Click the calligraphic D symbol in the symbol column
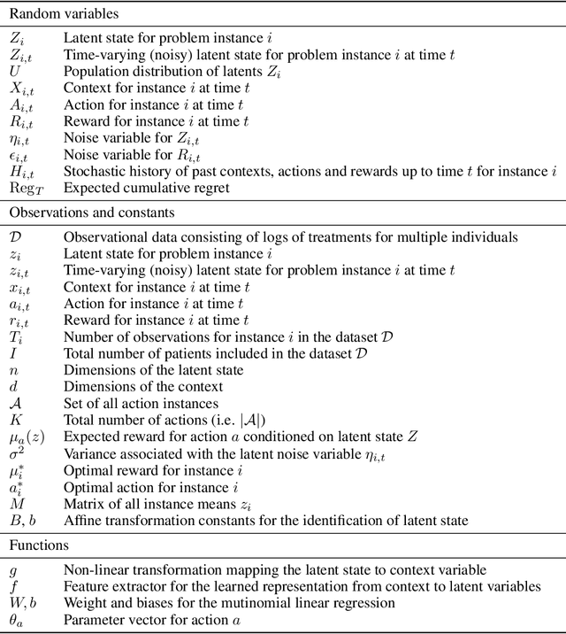click(x=14, y=237)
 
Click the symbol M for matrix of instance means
click(x=15, y=504)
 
